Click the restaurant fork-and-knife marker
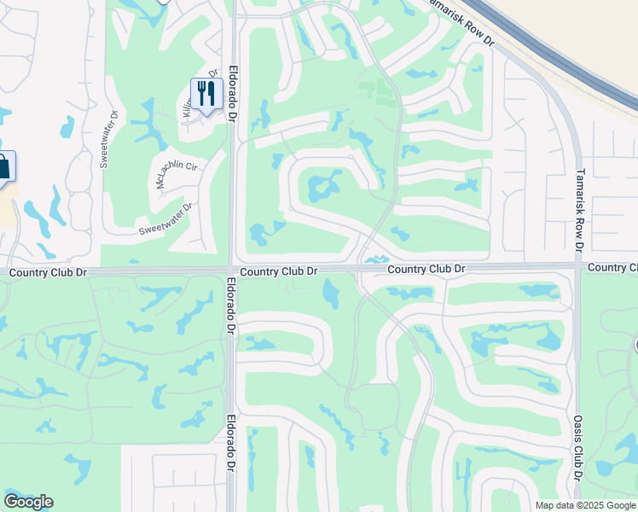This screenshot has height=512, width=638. coord(206,93)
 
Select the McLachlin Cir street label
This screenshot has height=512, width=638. coord(176,174)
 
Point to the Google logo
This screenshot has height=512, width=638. coord(28,502)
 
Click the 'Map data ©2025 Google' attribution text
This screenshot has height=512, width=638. coord(585,505)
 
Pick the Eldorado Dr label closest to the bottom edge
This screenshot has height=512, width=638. coord(230,443)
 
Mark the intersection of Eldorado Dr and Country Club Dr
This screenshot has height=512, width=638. coord(232,270)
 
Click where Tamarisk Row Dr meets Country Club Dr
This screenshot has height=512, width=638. coord(578,267)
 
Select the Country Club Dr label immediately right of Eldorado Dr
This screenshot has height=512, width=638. coord(279,271)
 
